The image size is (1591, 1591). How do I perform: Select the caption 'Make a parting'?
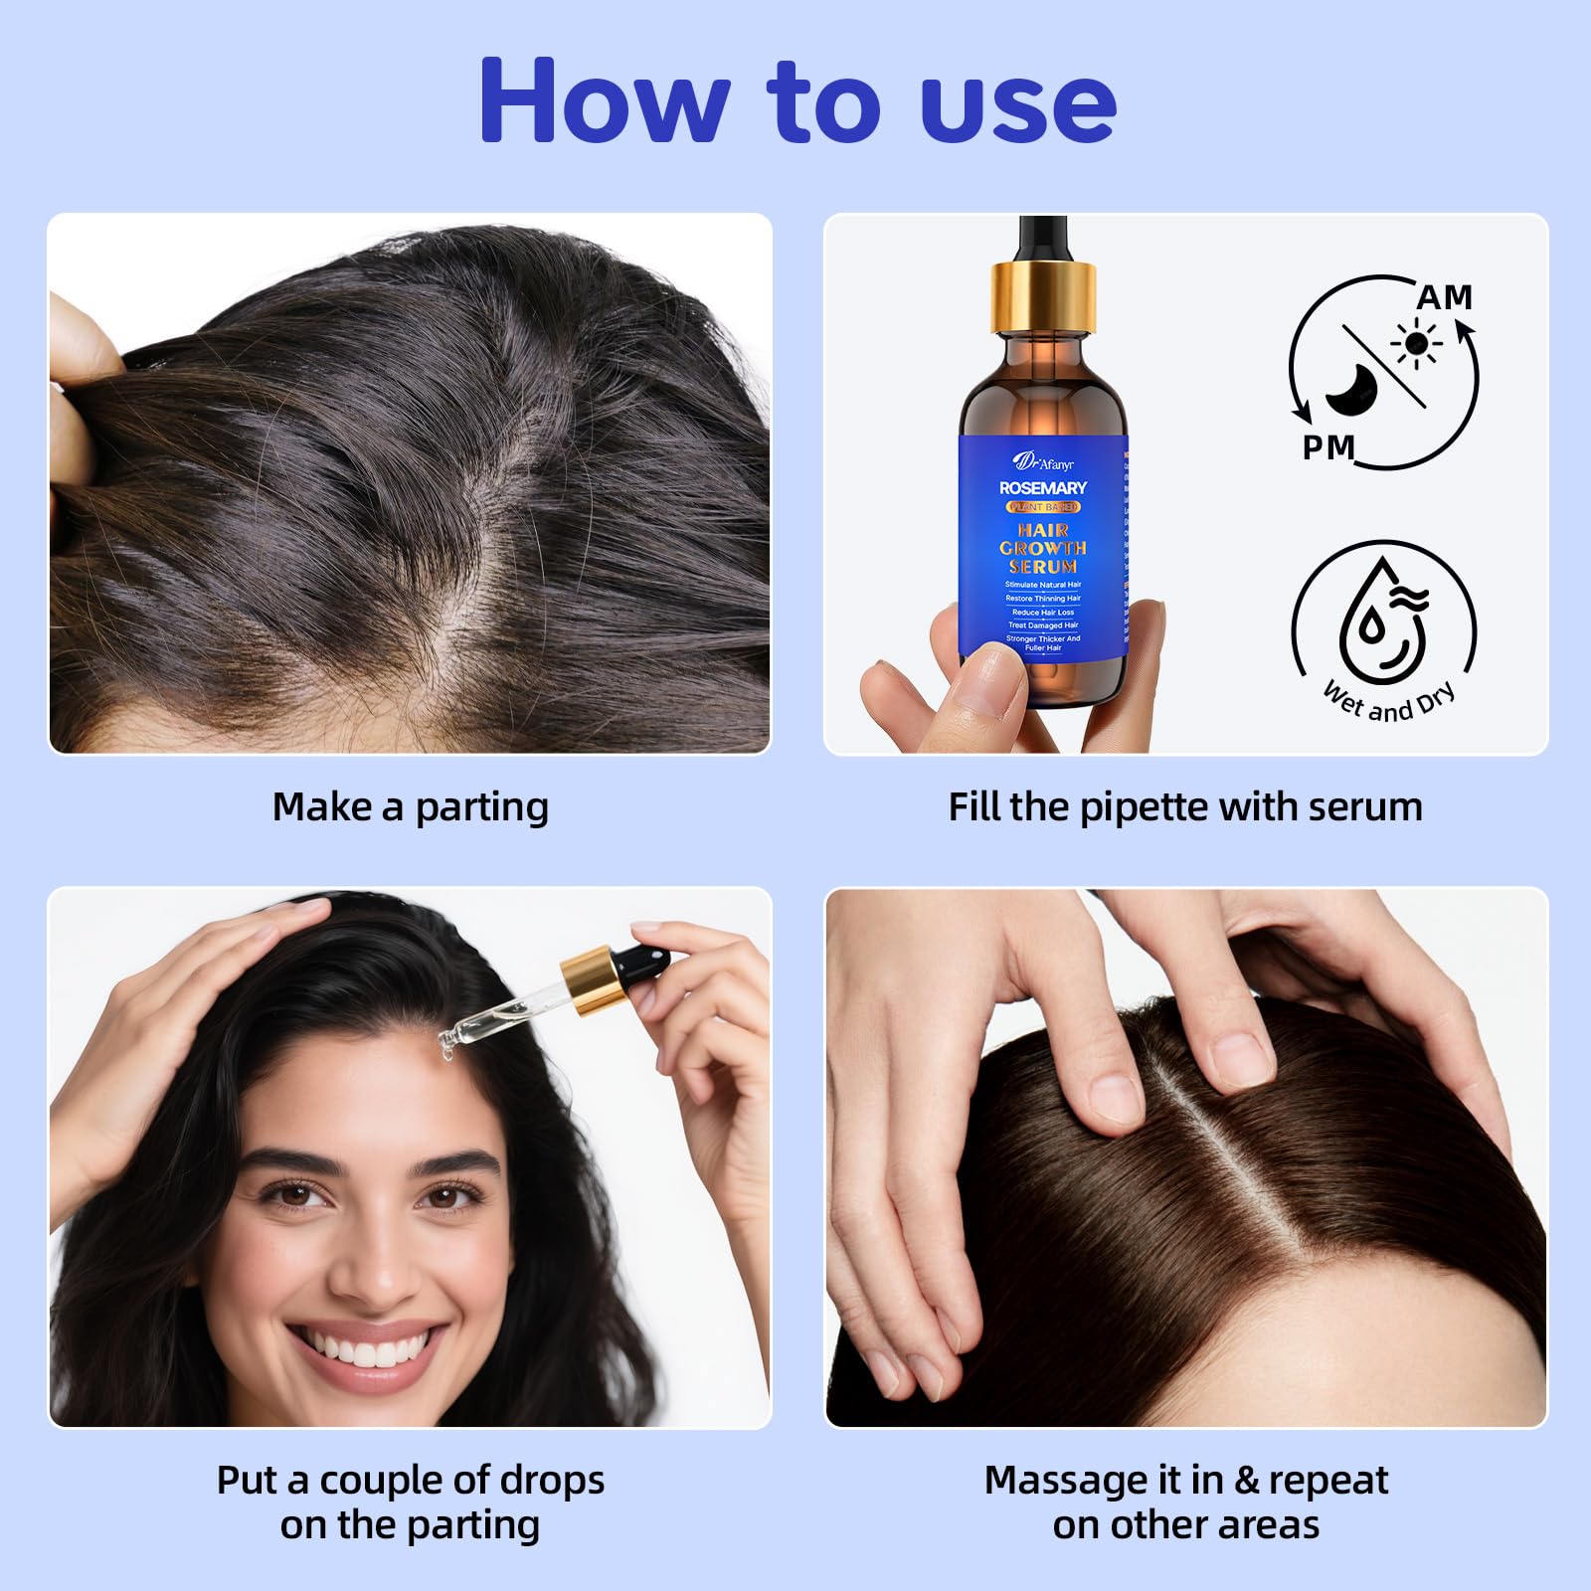pos(410,806)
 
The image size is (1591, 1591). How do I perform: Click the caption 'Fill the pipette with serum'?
pos(1185,806)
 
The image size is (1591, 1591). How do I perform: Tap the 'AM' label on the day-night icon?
pos(1444,297)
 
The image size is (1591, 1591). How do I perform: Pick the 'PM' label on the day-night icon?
pos(1328,448)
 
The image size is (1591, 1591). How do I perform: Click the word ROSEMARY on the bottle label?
pos(1043,487)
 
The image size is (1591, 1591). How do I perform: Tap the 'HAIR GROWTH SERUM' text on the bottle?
pos(1043,548)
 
